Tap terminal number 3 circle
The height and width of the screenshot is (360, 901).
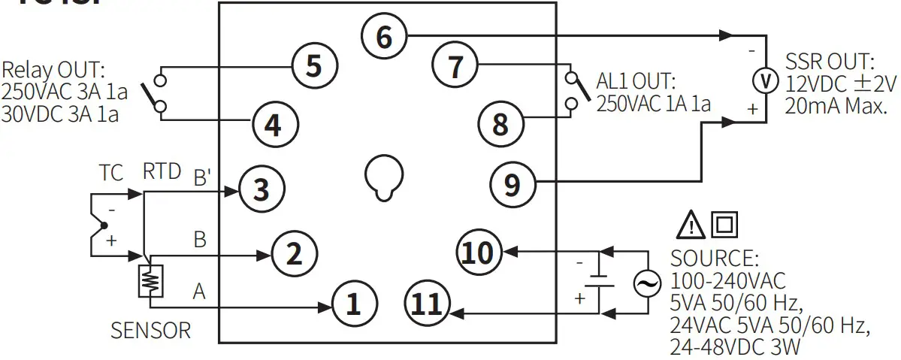[261, 189]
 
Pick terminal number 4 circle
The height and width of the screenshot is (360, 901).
[274, 124]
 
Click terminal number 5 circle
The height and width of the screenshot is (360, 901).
[313, 66]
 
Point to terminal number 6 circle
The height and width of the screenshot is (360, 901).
[383, 35]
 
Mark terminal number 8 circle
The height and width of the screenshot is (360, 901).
[500, 123]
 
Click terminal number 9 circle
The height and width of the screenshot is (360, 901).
[512, 183]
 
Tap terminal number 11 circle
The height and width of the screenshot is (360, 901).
[426, 304]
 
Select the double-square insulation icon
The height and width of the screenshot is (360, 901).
[727, 224]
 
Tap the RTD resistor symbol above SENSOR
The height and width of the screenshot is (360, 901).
[150, 281]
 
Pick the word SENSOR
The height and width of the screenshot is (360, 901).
[150, 330]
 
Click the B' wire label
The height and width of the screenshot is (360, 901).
[202, 177]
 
